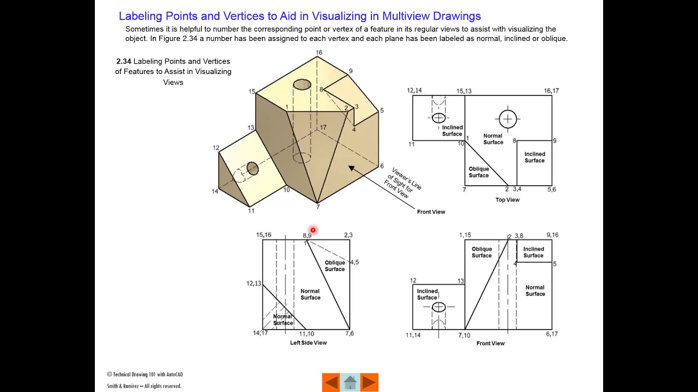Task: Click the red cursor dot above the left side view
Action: click(312, 230)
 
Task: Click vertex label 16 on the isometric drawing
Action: click(318, 53)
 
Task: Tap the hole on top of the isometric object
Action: click(302, 84)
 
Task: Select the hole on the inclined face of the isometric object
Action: click(252, 168)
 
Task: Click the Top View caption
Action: click(507, 200)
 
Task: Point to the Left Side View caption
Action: click(308, 342)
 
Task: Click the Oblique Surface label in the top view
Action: click(478, 172)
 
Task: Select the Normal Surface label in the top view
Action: click(493, 139)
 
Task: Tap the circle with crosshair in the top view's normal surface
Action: click(508, 119)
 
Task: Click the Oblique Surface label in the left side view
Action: click(334, 266)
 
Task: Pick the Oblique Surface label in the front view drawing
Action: click(482, 252)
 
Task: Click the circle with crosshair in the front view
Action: click(438, 308)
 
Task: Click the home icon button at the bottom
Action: click(350, 383)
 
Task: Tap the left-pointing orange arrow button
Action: click(331, 383)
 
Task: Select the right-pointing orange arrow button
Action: click(369, 383)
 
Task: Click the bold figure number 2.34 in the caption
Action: click(123, 62)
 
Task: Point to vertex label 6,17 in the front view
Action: click(551, 334)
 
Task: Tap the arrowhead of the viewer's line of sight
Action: click(351, 168)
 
